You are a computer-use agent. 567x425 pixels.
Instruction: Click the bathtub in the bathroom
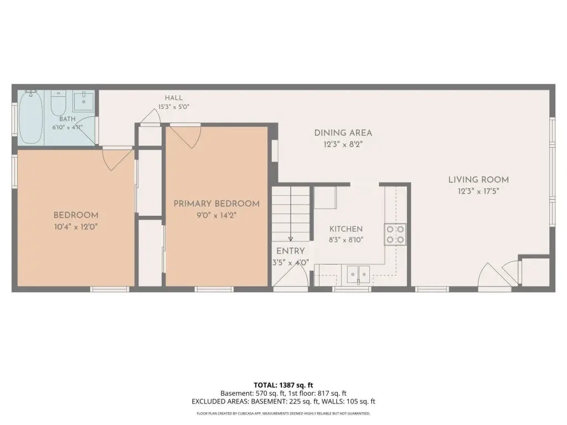[31, 117]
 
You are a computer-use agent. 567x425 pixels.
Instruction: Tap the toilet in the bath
[58, 102]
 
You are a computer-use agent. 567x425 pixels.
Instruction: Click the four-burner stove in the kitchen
[395, 234]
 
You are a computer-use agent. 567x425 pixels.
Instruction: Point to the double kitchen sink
[358, 274]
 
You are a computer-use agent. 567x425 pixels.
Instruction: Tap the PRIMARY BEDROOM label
[217, 204]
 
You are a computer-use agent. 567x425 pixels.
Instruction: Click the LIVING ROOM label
[478, 180]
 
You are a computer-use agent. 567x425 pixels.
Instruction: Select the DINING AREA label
[343, 133]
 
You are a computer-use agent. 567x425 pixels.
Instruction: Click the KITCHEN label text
[346, 229]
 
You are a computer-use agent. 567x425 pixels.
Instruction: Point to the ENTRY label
[290, 251]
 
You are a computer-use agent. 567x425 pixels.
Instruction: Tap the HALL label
[173, 98]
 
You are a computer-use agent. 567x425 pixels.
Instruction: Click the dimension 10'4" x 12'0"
[76, 227]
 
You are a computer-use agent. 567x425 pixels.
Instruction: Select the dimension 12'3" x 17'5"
[478, 191]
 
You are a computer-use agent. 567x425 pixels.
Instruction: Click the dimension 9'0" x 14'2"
[217, 215]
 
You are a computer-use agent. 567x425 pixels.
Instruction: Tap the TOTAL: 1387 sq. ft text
[283, 385]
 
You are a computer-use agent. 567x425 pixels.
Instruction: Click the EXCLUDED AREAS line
[283, 402]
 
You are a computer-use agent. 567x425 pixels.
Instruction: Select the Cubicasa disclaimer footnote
[283, 413]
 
